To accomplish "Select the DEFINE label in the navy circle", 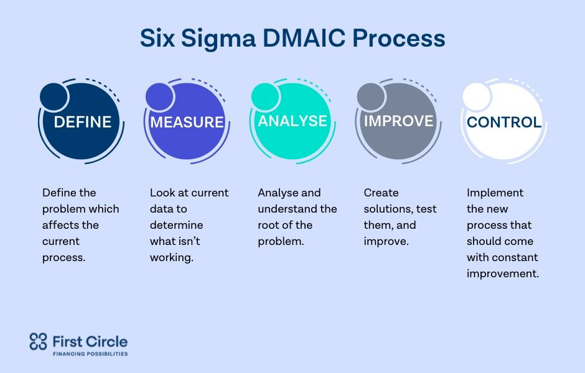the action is pos(82,122).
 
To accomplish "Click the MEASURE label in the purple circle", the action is pos(187,122).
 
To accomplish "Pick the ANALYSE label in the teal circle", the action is pos(292,121).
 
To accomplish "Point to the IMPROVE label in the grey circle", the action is pos(398,121).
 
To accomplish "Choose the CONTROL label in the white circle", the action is pos(504,122).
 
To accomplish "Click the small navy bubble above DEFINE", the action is pos(54,97).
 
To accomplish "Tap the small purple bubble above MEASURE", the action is pos(160,97).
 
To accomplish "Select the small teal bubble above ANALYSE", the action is pos(265,97).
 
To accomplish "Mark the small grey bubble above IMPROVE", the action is pos(371,97).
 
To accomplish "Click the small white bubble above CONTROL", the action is pos(477,97).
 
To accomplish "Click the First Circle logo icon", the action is pos(38,341).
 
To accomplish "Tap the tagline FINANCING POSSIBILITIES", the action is pos(90,354).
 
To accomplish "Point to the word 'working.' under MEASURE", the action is pos(172,258).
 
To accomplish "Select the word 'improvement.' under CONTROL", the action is pos(503,274).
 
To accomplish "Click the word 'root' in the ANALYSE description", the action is pos(268,225).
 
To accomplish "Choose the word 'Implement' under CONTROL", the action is pos(495,193).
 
